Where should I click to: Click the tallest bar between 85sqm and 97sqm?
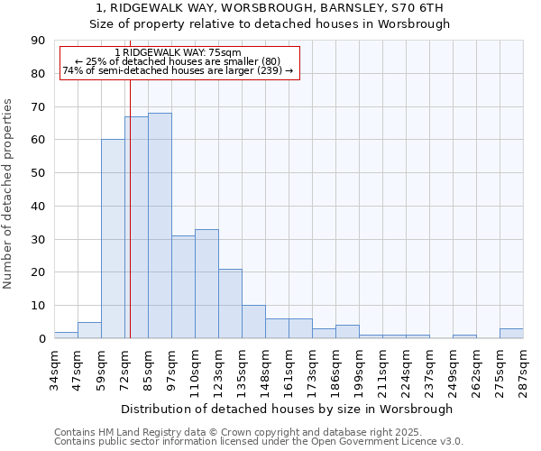pyautogui.click(x=160, y=225)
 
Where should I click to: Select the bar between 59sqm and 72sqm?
pyautogui.click(x=113, y=239)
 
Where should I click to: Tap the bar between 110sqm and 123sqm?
pyautogui.click(x=206, y=284)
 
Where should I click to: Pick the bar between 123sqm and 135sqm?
pyautogui.click(x=230, y=304)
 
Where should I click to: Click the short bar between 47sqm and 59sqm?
pyautogui.click(x=89, y=330)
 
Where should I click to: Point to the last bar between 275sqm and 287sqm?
pyautogui.click(x=511, y=334)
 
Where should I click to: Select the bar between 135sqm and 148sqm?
pyautogui.click(x=253, y=322)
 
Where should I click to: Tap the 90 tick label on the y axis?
pyautogui.click(x=38, y=41)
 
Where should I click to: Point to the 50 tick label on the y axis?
pyautogui.click(x=38, y=173)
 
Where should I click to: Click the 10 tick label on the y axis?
pyautogui.click(x=38, y=306)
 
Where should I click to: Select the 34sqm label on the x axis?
pyautogui.click(x=54, y=367)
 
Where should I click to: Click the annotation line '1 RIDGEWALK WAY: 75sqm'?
pyautogui.click(x=179, y=53)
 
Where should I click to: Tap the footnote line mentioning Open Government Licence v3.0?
pyautogui.click(x=259, y=442)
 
